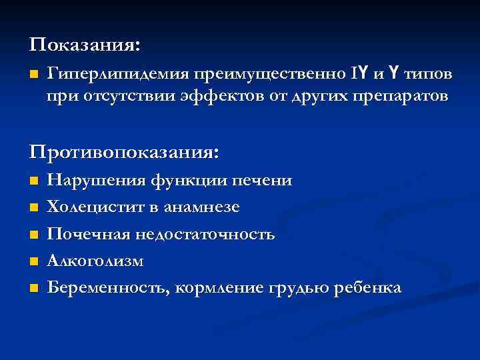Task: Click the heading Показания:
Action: point(85,45)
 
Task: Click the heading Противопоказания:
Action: point(123,151)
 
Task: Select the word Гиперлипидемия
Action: point(117,73)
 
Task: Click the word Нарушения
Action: point(95,181)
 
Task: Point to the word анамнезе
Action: point(204,207)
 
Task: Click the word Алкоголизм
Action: point(95,261)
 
